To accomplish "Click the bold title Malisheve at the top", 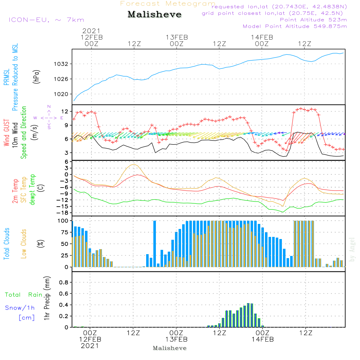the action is tap(154, 14).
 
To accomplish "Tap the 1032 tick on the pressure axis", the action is tap(61, 64).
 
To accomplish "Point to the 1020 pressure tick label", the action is tap(61, 94).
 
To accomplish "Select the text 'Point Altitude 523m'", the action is tap(313, 20).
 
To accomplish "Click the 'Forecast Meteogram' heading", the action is tap(168, 4).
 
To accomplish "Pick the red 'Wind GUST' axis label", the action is tap(6, 132).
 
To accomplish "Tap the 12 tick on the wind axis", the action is tap(65, 112).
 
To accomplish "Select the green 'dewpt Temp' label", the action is tap(32, 189).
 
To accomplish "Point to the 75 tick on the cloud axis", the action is tap(65, 232).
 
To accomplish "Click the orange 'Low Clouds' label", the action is tap(23, 244).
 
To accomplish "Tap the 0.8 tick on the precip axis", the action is tap(64, 282).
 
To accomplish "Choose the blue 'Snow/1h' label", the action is tap(20, 308).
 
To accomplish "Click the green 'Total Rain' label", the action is tap(24, 294).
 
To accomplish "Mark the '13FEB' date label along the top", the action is tap(177, 37).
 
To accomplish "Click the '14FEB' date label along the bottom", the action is tap(263, 339).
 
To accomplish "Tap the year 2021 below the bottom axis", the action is tap(90, 346).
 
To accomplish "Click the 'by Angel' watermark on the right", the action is tap(352, 249).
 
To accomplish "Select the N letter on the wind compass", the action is tap(49, 107).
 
